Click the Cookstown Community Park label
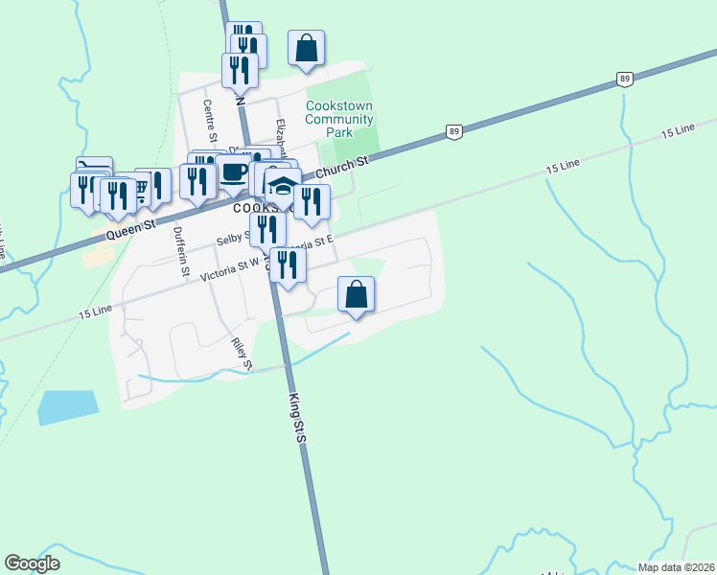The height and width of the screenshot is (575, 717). click(339, 119)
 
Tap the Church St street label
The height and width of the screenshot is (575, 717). click(342, 168)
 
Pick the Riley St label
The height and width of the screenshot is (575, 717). click(241, 353)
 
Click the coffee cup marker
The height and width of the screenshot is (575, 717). click(233, 172)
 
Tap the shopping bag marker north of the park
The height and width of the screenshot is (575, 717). click(306, 48)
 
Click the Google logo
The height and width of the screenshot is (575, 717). click(32, 563)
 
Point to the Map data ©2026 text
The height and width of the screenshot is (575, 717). click(675, 567)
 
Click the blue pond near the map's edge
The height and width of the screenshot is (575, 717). click(67, 407)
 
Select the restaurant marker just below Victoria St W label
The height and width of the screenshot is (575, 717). click(288, 265)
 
